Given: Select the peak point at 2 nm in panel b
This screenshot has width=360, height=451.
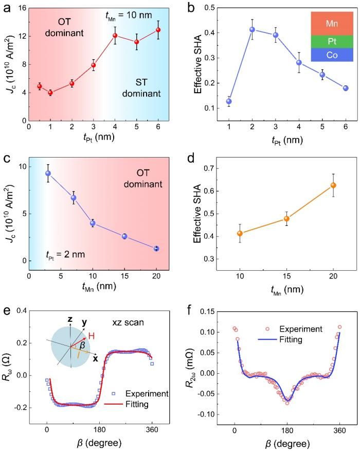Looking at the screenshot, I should pos(253,29).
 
